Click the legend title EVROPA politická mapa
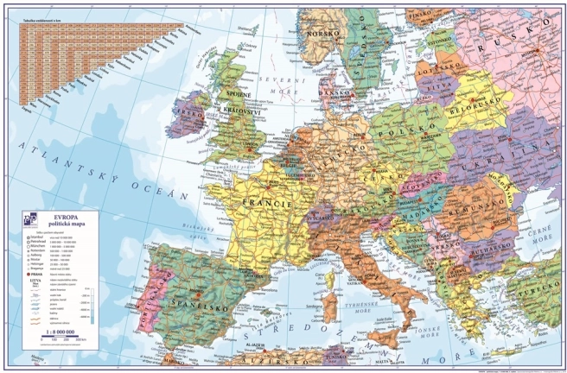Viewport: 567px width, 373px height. coord(69,221)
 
